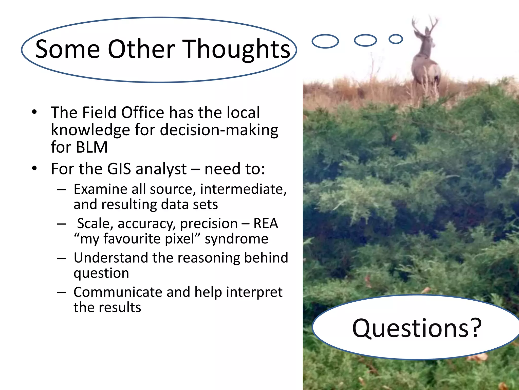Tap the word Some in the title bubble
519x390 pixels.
(67, 49)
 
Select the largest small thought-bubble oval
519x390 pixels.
(325, 41)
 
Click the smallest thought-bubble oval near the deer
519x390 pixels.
(396, 39)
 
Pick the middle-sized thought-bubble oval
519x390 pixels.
(365, 40)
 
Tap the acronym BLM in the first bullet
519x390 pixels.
(92, 147)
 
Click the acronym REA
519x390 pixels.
(266, 223)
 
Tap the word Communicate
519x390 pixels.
(118, 292)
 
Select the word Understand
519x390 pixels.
(111, 258)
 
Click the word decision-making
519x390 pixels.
(219, 130)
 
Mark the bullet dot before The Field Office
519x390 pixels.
(35, 112)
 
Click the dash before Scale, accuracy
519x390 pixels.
(62, 224)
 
